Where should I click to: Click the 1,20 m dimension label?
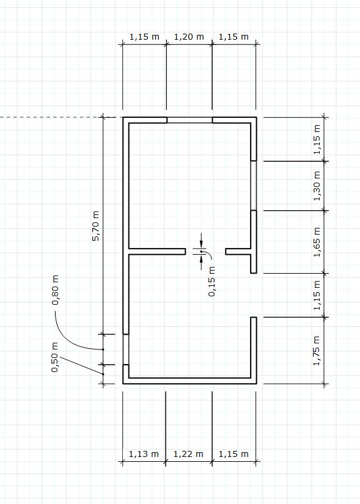point(189,37)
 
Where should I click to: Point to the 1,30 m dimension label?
point(317,186)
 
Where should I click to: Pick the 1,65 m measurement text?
point(317,242)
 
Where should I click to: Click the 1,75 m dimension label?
point(317,351)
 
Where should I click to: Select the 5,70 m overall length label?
point(96,225)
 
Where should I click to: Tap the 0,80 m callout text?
point(56,290)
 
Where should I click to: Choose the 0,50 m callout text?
point(55,357)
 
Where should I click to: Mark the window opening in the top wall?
point(189,120)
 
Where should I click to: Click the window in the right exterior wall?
point(254,186)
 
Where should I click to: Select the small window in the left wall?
point(126,349)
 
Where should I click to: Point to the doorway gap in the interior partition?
point(205,251)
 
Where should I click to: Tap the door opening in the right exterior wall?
point(254,296)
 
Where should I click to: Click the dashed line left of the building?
point(58,117)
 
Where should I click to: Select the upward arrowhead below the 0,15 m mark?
point(201,257)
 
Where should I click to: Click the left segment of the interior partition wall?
point(157,251)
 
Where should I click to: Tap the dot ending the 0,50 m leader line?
point(103,374)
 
